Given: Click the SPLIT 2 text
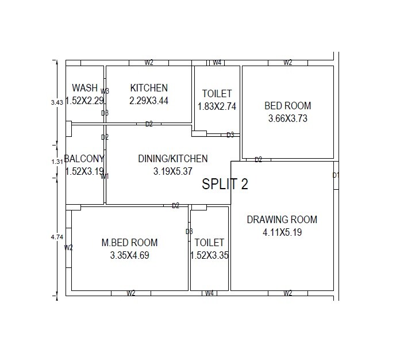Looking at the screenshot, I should pyautogui.click(x=225, y=184).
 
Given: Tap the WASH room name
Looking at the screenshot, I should pyautogui.click(x=84, y=88).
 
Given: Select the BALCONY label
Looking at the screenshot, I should pyautogui.click(x=84, y=159).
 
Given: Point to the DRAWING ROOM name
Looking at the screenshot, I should pyautogui.click(x=282, y=220).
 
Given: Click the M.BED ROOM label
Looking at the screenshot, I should pyautogui.click(x=129, y=243).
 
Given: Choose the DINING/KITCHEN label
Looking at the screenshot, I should pyautogui.click(x=172, y=159).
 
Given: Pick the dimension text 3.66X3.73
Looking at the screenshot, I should pyautogui.click(x=287, y=118).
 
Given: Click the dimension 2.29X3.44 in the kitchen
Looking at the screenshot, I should pyautogui.click(x=149, y=101).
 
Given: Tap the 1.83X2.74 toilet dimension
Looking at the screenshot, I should pyautogui.click(x=217, y=106).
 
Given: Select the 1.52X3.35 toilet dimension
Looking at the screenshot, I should pyautogui.click(x=209, y=255).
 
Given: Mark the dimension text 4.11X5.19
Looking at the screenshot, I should pyautogui.click(x=282, y=232).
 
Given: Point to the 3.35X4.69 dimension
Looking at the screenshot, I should pyautogui.click(x=129, y=255).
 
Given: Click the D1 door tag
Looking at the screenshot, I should pyautogui.click(x=336, y=175).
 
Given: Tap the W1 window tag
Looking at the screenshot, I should pyautogui.click(x=105, y=177).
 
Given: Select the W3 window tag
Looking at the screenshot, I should pyautogui.click(x=105, y=91).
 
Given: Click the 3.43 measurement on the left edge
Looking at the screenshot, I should pyautogui.click(x=56, y=102).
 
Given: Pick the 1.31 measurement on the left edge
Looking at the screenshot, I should pyautogui.click(x=56, y=162).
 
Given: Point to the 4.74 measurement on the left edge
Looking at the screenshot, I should pyautogui.click(x=56, y=236).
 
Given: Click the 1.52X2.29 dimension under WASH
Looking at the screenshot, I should pyautogui.click(x=84, y=101).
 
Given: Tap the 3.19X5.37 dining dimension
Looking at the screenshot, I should pyautogui.click(x=172, y=171).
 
